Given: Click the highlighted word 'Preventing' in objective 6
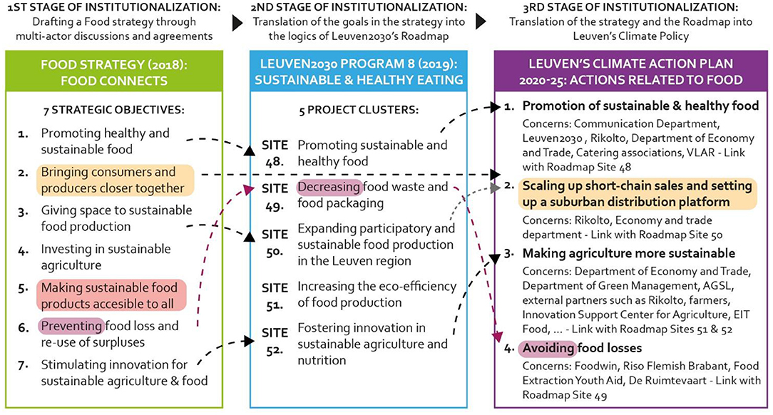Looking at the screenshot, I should coord(71,327).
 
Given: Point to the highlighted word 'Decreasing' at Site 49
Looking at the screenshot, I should coord(329,188).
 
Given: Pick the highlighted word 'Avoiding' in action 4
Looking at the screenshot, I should coord(548,349).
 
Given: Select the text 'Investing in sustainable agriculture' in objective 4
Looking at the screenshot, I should coord(106,257).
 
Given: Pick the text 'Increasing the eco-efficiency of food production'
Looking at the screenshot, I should coord(377,293).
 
